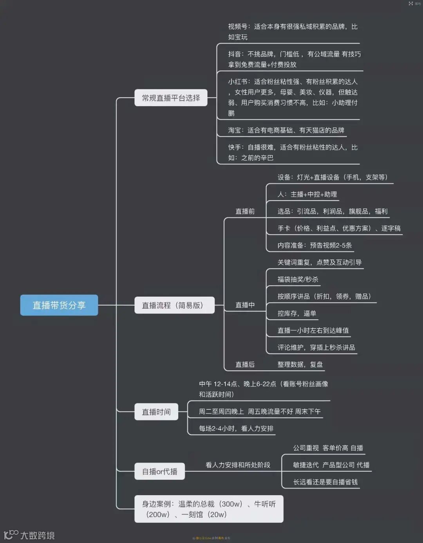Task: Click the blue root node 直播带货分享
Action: (x=59, y=305)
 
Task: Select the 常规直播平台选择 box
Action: (x=171, y=98)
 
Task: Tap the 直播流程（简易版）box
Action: (x=174, y=305)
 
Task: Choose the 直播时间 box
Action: (x=156, y=412)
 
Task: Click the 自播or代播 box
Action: (x=159, y=471)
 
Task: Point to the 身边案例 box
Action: (x=209, y=509)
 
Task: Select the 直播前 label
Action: (x=245, y=211)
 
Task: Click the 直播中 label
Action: (x=245, y=305)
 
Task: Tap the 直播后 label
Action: (x=245, y=364)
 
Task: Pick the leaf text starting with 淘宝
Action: (x=286, y=130)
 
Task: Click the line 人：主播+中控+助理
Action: (x=307, y=194)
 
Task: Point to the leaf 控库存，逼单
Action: (x=296, y=313)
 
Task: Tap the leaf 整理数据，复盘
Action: (x=300, y=364)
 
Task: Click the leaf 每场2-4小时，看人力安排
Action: (x=236, y=428)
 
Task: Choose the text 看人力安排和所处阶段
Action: (x=238, y=465)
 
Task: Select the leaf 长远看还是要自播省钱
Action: (x=325, y=482)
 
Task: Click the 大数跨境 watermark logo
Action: (x=29, y=535)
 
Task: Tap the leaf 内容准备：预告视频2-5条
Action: (x=315, y=245)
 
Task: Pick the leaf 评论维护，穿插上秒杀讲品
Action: (x=316, y=348)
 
